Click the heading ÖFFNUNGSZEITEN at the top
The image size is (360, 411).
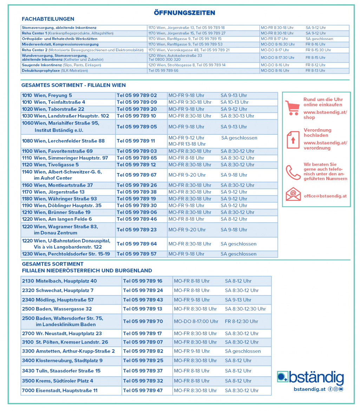click(x=184, y=13)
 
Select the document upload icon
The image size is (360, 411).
click(x=293, y=139)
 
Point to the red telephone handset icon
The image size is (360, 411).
click(x=293, y=172)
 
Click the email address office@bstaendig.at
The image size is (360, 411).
click(x=325, y=196)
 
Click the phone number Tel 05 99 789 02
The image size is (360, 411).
click(x=137, y=95)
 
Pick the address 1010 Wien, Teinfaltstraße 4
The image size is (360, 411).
click(x=53, y=102)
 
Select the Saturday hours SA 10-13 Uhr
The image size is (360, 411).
click(x=234, y=102)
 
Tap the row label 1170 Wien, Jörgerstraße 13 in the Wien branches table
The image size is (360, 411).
click(x=53, y=192)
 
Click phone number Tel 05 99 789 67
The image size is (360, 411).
click(x=137, y=175)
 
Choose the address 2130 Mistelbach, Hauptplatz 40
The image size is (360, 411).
click(x=59, y=281)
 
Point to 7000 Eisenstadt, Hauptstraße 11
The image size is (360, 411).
click(x=59, y=390)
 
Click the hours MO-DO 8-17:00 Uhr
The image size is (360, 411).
click(x=196, y=321)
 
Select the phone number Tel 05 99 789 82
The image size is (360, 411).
click(x=143, y=351)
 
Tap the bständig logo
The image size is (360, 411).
click(x=310, y=378)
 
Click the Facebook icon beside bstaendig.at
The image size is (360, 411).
click(x=330, y=389)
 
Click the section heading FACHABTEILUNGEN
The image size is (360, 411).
click(x=48, y=19)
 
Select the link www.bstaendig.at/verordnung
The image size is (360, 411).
click(x=325, y=145)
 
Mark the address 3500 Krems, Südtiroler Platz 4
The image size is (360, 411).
click(x=57, y=381)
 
